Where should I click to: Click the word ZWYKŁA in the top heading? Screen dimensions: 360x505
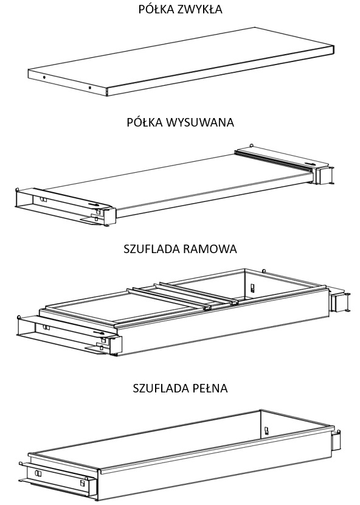[x=199, y=9]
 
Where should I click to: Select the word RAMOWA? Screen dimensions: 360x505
[x=210, y=249]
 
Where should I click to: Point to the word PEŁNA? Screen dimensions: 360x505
[x=210, y=388]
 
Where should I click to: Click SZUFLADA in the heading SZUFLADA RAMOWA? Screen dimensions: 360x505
[x=152, y=249]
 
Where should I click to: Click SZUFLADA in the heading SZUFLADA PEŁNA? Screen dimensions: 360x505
[x=161, y=388]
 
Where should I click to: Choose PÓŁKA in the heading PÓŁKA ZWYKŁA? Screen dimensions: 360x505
[x=156, y=9]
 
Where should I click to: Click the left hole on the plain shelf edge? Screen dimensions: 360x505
[x=44, y=77]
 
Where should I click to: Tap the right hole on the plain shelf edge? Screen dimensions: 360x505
[x=90, y=88]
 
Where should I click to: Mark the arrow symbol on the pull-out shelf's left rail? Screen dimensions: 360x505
[x=94, y=204]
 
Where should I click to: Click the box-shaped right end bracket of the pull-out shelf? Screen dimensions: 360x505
[x=323, y=175]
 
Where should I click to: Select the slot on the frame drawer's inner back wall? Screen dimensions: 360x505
[x=252, y=287]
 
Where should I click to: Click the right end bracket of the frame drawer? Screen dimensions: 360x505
[x=339, y=302]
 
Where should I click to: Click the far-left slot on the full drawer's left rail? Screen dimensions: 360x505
[x=38, y=473]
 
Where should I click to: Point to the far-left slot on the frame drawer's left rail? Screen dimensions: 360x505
[x=46, y=327]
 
